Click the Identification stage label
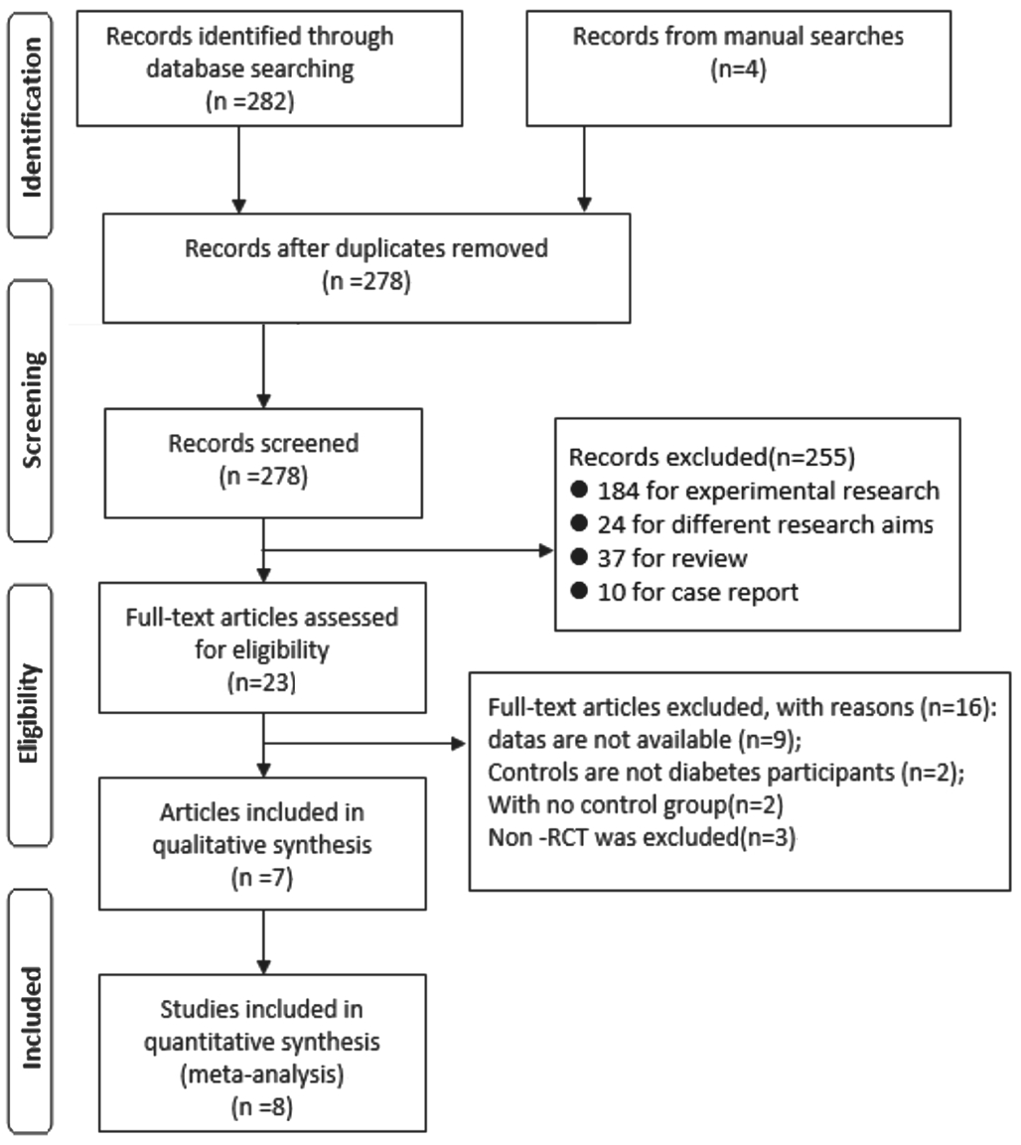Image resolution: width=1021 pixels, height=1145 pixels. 32,117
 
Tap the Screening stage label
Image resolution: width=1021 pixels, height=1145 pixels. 32,410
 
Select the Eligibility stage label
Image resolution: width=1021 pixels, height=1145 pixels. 30,713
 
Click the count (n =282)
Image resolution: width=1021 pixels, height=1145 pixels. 249,100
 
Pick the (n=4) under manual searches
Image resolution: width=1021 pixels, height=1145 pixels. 738,70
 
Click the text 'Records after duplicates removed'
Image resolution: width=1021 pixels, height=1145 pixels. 365,248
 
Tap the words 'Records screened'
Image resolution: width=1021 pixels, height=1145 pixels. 263,443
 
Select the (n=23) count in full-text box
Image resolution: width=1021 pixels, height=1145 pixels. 261,682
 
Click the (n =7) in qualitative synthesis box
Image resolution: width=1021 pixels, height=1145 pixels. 262,877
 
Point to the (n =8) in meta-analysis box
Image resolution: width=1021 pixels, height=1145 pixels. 262,1107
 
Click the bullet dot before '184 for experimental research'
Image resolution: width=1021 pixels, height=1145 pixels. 579,490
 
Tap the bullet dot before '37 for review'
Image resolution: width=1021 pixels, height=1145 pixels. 579,557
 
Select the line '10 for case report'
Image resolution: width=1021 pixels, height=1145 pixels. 697,592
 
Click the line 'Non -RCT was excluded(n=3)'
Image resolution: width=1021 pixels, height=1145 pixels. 642,837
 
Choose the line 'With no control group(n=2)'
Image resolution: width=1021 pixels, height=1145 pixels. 636,804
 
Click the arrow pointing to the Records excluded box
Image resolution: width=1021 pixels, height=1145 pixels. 407,550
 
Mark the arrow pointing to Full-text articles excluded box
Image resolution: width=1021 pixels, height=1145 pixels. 365,744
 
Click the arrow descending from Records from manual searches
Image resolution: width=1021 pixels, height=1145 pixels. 584,169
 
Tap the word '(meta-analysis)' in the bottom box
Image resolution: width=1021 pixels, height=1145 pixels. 262,1074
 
